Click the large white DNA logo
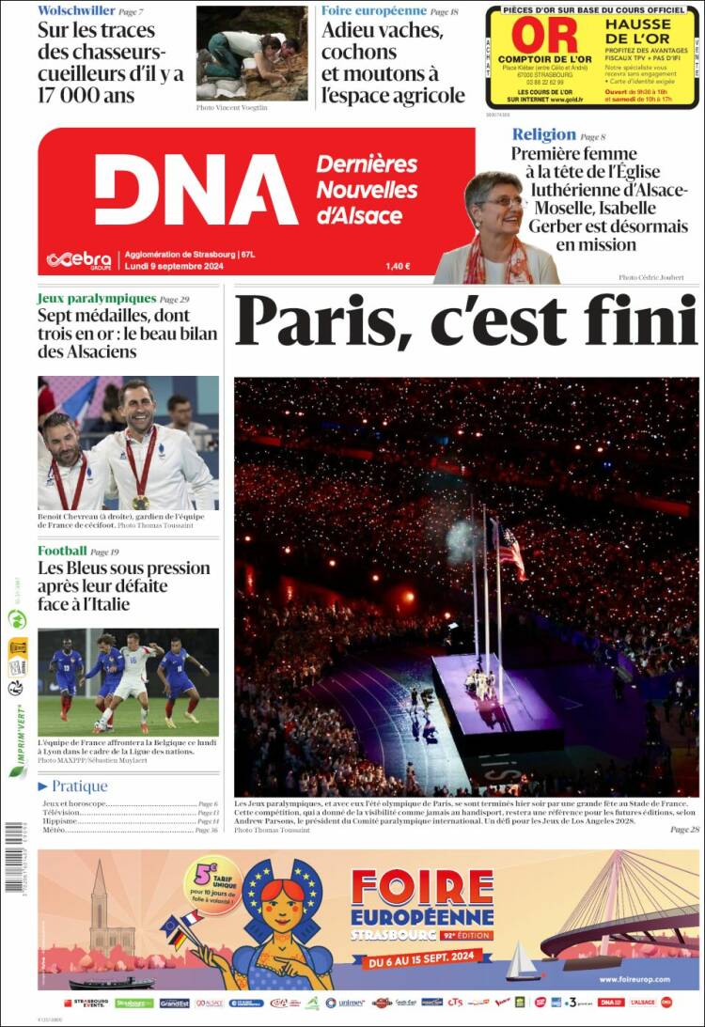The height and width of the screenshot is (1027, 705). coord(196,190)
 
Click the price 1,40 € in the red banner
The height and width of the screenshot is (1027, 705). coord(398,266)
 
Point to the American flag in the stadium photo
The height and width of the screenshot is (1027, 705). coord(511,552)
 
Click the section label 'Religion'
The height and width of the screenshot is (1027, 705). coord(543,134)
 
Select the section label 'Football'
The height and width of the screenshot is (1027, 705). coord(62,551)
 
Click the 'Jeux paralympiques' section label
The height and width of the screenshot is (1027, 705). coord(96,298)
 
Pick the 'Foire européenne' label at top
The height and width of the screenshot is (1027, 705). coord(373,10)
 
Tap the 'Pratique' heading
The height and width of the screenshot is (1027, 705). coord(79,786)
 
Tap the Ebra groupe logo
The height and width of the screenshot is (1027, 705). coord(79,259)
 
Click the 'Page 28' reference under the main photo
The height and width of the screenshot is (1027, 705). coord(684,830)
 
